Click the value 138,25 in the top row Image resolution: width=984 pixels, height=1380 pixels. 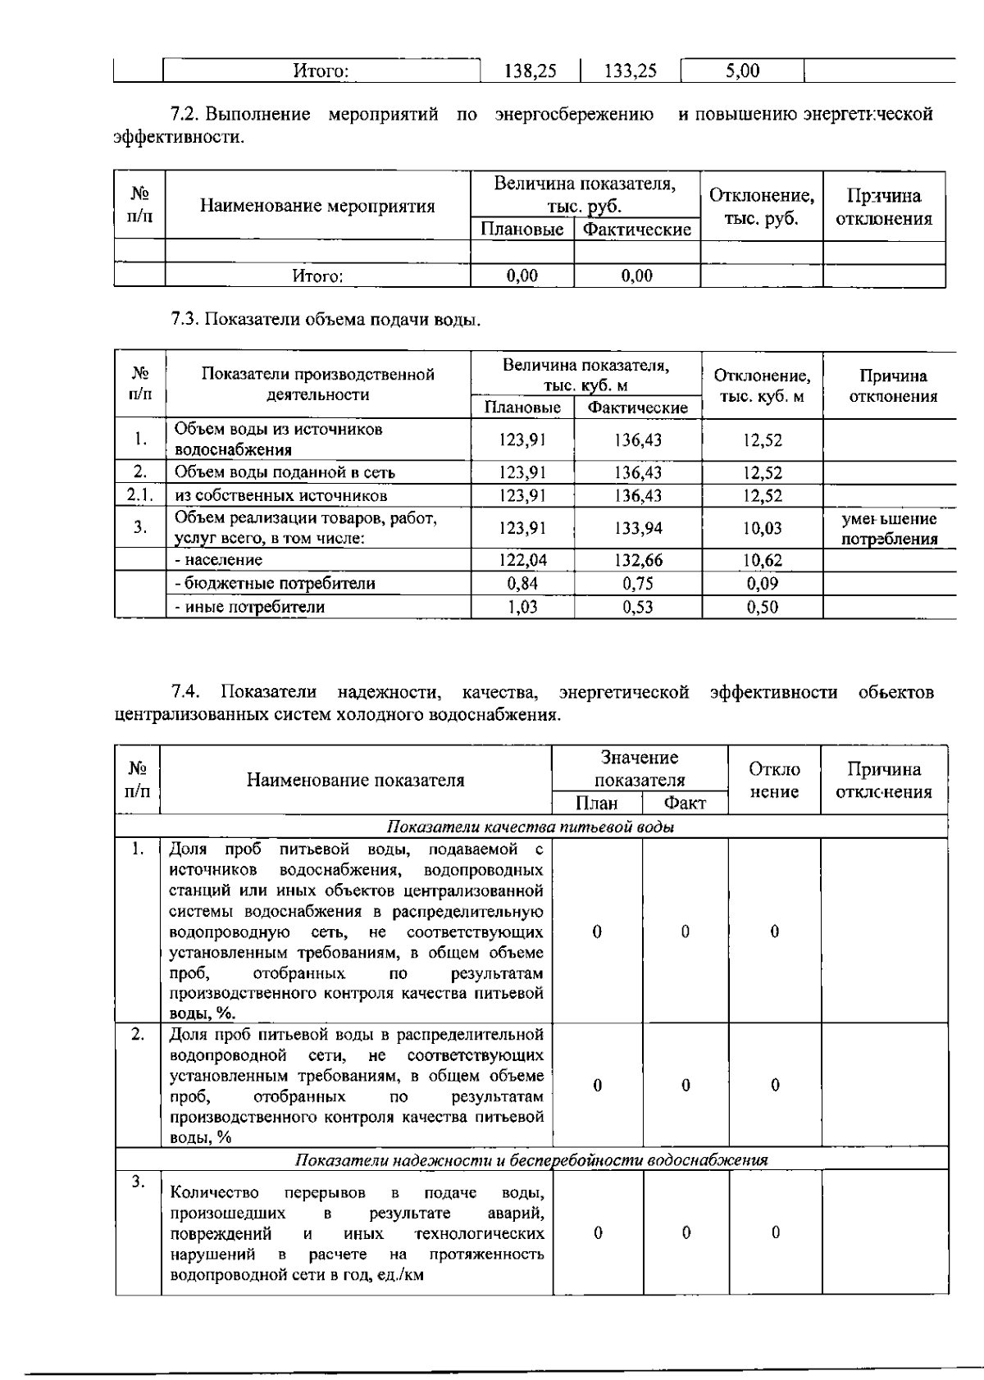click(529, 71)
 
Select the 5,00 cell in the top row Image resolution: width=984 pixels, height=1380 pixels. click(742, 71)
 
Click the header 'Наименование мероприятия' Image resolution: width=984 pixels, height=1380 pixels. click(317, 206)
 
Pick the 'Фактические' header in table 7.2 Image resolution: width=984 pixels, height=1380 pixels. click(636, 229)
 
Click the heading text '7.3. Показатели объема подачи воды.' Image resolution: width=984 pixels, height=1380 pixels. click(325, 319)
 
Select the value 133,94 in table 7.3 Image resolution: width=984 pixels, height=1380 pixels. click(638, 528)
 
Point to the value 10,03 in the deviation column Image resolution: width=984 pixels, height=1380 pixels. click(762, 528)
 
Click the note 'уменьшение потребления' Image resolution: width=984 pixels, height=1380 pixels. click(889, 529)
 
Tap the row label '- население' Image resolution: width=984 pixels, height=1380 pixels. click(218, 560)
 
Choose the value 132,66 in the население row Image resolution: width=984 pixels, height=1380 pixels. click(638, 560)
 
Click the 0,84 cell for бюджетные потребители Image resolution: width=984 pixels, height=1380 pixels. click(522, 583)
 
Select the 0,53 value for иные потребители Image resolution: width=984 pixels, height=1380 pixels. click(638, 607)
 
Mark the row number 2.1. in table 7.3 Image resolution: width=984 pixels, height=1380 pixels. click(139, 495)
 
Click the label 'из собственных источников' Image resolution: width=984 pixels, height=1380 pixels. click(280, 495)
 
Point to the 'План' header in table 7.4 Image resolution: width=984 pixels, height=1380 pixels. click(596, 803)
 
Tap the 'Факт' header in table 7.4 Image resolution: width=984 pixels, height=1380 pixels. click(684, 803)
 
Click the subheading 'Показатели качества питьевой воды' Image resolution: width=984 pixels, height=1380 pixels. click(530, 827)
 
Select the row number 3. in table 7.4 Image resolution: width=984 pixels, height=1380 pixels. click(138, 1182)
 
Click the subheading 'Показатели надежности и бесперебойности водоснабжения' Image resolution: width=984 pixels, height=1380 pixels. click(531, 1159)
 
